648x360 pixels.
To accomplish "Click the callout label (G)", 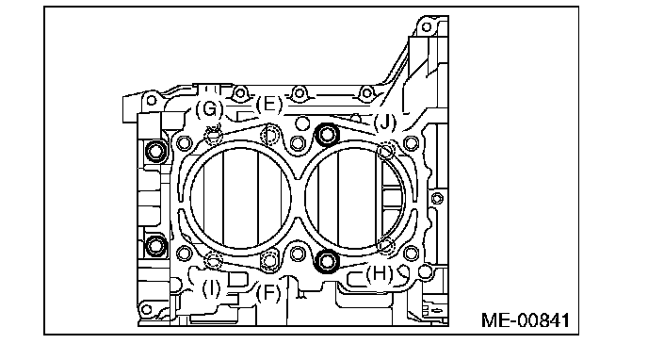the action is (209, 109).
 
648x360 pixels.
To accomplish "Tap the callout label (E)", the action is (269, 105).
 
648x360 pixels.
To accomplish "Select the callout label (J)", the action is (384, 122).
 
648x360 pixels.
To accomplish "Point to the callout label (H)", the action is (380, 273).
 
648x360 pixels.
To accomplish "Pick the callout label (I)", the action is (212, 288).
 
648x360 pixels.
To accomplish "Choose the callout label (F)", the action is (268, 293).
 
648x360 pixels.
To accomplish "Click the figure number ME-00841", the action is (526, 320).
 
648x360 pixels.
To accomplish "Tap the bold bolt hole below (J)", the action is (328, 135).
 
